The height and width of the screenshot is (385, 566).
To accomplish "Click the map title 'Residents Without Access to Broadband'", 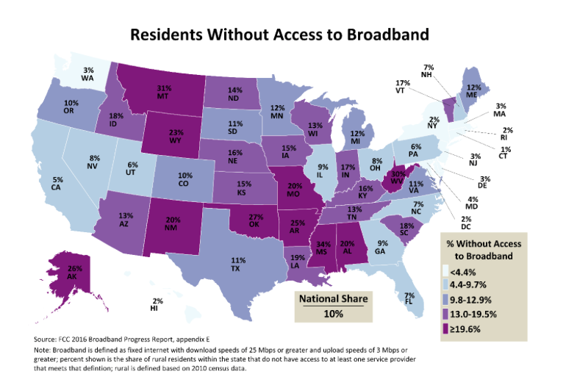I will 279,34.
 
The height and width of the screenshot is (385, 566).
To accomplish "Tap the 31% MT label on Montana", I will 163,93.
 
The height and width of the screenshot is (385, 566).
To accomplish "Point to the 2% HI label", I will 157,304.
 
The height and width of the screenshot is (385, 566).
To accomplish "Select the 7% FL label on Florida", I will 409,298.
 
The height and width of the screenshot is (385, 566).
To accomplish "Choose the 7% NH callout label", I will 448,72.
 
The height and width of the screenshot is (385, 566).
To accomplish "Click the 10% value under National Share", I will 332,314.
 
